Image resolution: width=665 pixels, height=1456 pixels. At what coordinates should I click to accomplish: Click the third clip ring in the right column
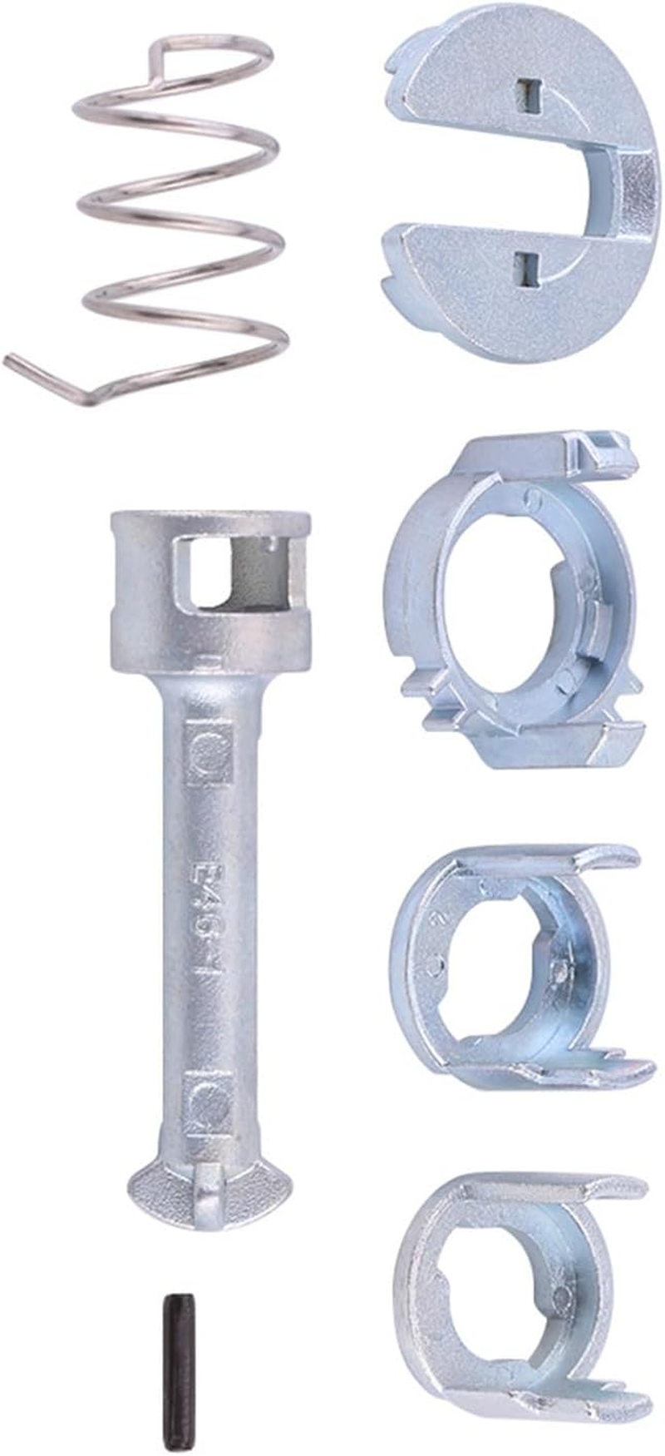[x=515, y=965]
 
